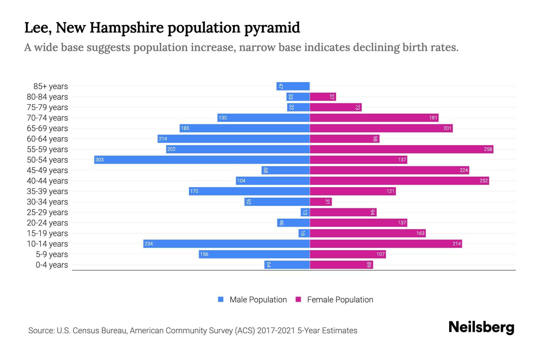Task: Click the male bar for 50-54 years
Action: (x=202, y=160)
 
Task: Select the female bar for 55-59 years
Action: (x=401, y=149)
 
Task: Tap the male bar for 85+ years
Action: (x=293, y=86)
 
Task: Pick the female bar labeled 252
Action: (x=399, y=181)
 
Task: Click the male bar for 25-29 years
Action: (x=305, y=212)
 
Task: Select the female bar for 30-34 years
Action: (x=321, y=202)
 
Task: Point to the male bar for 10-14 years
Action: (x=226, y=244)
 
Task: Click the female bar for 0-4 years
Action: (x=341, y=265)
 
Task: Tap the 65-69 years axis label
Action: (x=47, y=128)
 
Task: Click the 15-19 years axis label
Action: (x=47, y=233)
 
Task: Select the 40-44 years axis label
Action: (x=47, y=181)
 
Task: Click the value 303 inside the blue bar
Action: (x=99, y=160)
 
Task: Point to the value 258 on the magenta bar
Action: (x=488, y=149)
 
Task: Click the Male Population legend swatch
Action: (x=221, y=299)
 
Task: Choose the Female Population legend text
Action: (x=340, y=300)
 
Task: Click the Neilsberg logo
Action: (x=481, y=327)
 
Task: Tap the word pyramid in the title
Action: (x=272, y=28)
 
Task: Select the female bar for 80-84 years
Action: (x=323, y=97)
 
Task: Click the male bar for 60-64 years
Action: (x=233, y=139)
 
